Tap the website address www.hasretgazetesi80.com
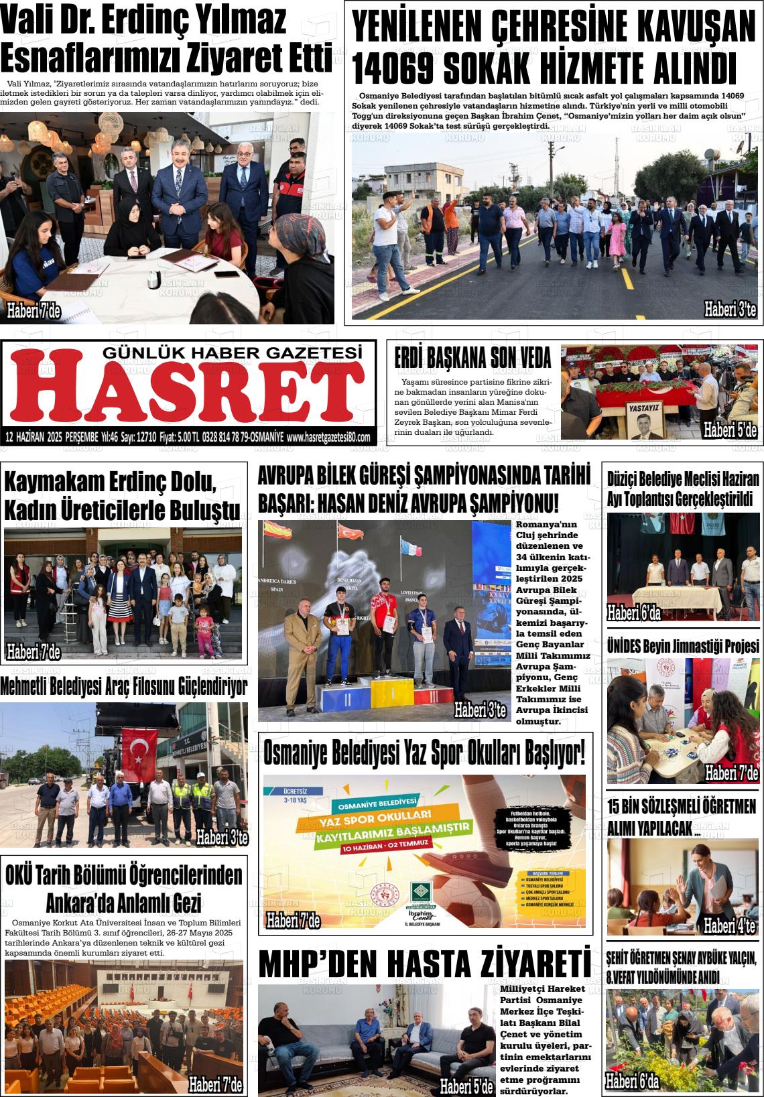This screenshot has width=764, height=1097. pyautogui.click(x=328, y=437)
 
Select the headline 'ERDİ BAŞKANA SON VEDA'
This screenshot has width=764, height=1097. pyautogui.click(x=472, y=358)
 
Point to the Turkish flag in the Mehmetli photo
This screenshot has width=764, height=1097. pyautogui.click(x=140, y=746)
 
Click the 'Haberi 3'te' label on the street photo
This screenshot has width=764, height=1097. pyautogui.click(x=730, y=309)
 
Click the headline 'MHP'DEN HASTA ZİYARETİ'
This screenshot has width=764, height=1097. pyautogui.click(x=425, y=964)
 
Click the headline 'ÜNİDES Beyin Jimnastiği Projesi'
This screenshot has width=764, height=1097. pyautogui.click(x=683, y=646)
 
